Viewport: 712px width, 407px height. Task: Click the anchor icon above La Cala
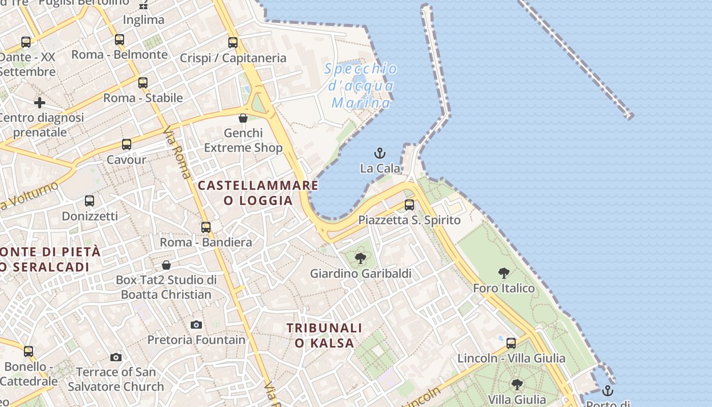[x=379, y=153]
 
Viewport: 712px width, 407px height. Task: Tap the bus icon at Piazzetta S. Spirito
[x=409, y=205]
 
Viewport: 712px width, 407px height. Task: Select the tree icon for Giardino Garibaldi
[x=361, y=258]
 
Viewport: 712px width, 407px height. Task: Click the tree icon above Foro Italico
[x=504, y=273]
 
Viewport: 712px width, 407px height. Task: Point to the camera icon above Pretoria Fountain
[x=196, y=325]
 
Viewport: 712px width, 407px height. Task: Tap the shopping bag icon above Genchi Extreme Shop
[x=243, y=118]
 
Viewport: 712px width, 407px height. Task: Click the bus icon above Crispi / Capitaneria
[x=233, y=43]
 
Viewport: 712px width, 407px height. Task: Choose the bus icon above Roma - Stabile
[x=143, y=82]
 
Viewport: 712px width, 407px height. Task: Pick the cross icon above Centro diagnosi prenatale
[x=40, y=103]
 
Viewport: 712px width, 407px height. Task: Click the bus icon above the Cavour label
[x=127, y=144]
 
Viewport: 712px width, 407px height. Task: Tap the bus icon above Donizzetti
[x=90, y=201]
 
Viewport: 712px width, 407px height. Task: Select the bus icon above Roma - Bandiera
[x=206, y=227]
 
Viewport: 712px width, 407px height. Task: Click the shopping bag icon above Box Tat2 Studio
[x=166, y=265]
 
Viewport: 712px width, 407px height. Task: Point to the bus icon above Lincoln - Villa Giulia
[x=511, y=343]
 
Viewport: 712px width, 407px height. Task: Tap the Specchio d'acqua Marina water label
[x=361, y=85]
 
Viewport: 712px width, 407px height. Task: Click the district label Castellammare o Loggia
[x=258, y=193]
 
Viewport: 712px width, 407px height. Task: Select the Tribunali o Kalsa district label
[x=324, y=335]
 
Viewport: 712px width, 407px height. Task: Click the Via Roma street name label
[x=177, y=153]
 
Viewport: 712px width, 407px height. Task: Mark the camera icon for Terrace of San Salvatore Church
[x=116, y=357]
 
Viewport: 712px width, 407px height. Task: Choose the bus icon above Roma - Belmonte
[x=120, y=39]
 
